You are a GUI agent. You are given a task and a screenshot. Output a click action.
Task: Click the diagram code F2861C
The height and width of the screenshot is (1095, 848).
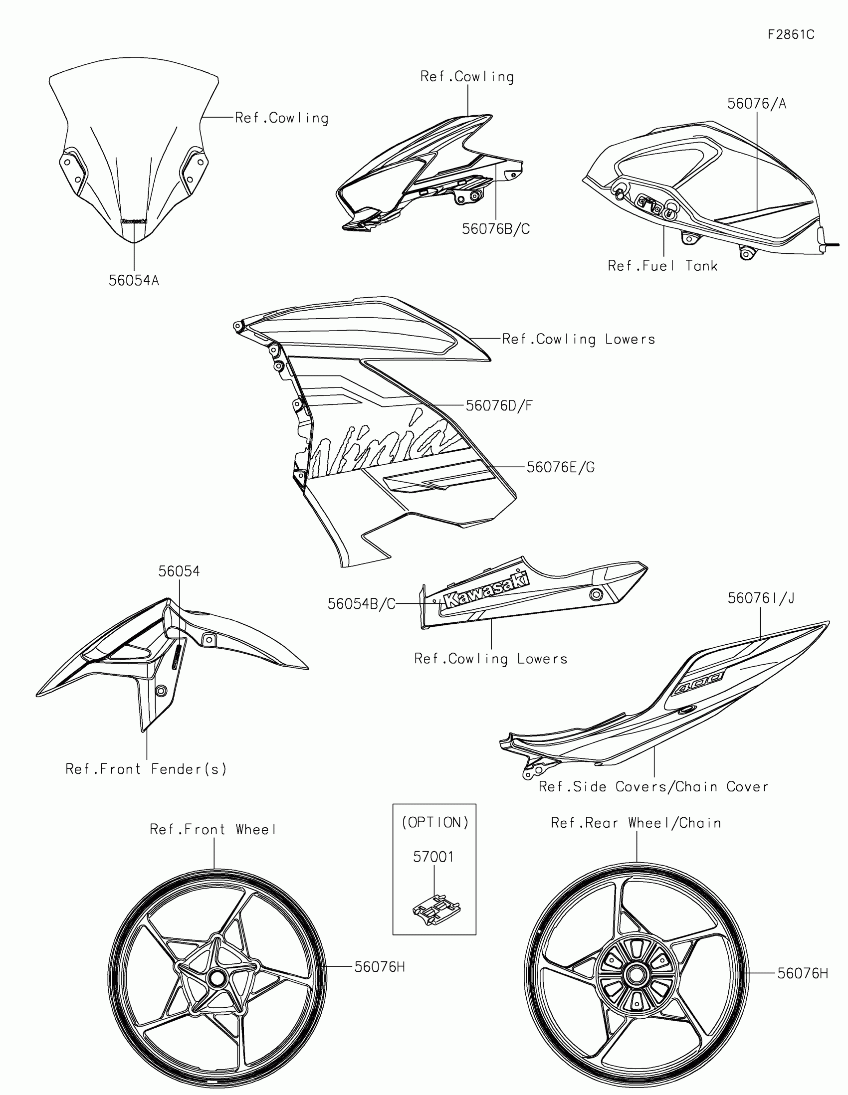(x=791, y=34)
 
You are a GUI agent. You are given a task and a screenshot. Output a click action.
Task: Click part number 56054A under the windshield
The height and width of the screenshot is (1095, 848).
(x=134, y=281)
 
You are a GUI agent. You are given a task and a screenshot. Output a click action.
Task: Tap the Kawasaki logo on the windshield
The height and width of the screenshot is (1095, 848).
(x=134, y=220)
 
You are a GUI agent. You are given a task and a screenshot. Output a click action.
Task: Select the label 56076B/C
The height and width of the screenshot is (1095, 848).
(x=495, y=229)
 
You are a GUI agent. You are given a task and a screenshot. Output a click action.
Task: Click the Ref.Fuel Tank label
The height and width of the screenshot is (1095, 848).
(x=662, y=266)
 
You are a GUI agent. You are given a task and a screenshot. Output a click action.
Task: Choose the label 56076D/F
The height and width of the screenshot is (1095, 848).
(x=499, y=405)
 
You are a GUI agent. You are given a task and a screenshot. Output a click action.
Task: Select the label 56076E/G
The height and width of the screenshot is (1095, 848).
(x=560, y=467)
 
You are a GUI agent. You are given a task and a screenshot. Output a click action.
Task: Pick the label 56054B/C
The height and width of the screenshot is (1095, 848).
(x=361, y=604)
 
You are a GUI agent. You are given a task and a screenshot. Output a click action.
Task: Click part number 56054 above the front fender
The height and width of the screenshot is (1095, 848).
(x=179, y=571)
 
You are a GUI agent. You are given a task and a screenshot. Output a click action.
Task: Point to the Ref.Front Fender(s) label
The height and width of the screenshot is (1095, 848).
(x=146, y=769)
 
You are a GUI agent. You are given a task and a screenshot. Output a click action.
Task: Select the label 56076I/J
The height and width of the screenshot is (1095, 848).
(x=761, y=598)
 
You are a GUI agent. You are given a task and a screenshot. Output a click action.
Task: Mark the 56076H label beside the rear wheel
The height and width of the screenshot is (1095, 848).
(x=803, y=973)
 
